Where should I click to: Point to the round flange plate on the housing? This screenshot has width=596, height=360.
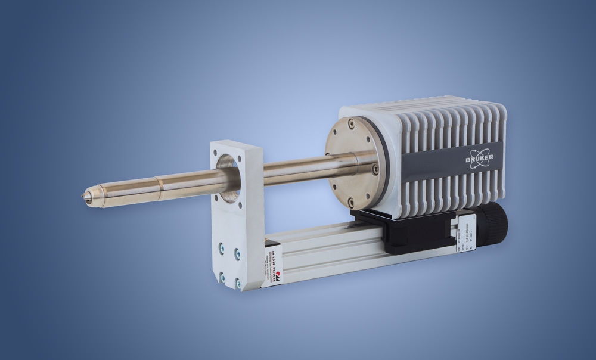point(352,163)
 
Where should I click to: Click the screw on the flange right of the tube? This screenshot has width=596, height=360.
point(375,169)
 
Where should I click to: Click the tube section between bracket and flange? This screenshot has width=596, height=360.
point(298,170)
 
